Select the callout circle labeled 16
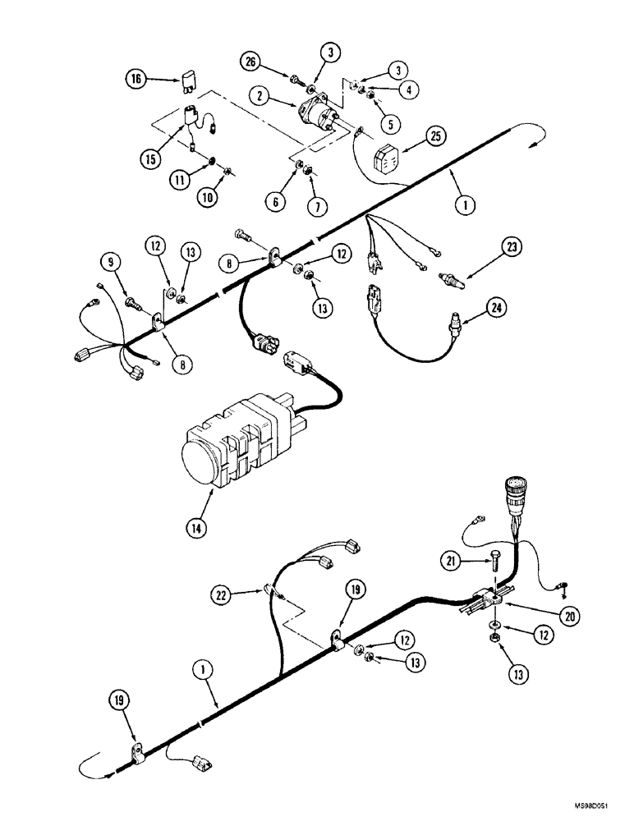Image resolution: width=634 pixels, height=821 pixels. pos(136,79)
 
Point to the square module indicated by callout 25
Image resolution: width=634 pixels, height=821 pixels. pos(388,158)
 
